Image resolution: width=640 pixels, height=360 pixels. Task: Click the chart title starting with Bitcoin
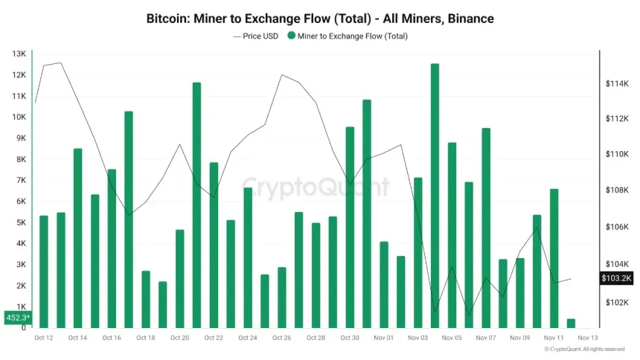pos(320,17)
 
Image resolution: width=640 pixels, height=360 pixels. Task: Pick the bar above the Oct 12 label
pos(43,271)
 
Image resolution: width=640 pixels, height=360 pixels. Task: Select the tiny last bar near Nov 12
pos(571,323)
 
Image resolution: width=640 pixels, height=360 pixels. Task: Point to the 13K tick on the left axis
pos(19,54)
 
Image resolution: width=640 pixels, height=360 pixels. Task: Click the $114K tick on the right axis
pos(618,84)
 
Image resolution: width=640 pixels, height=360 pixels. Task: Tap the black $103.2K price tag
pos(616,278)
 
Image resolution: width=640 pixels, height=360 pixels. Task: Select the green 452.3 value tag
pos(17,318)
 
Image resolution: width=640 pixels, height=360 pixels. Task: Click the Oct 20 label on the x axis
pos(180,338)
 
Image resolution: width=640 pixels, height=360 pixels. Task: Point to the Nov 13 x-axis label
pos(588,338)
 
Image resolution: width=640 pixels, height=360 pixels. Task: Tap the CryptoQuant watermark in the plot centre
pos(316,186)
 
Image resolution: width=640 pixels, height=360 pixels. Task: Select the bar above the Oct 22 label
pos(214,245)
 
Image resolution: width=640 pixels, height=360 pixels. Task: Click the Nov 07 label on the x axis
pos(486,338)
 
